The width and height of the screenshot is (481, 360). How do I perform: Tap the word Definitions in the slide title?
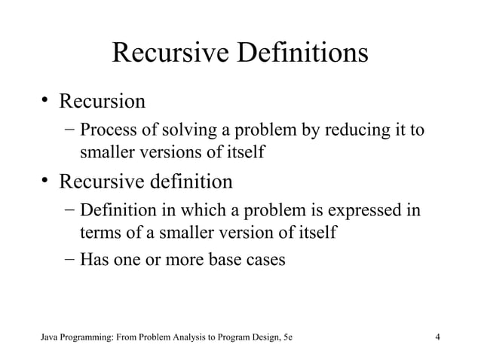coord(301,54)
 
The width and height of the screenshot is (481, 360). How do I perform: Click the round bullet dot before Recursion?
coord(47,100)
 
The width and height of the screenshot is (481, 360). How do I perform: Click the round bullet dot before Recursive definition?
coord(47,182)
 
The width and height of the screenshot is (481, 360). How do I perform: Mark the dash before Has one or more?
coord(69,260)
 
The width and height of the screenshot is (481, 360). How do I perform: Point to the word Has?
coord(95,260)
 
